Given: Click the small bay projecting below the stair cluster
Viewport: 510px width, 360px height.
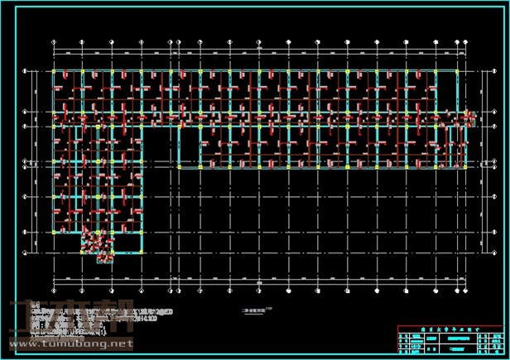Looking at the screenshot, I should click(x=105, y=258).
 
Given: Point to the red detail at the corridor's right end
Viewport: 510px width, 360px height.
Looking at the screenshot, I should click(x=470, y=118).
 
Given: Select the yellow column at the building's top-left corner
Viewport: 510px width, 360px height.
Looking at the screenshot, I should click(x=54, y=72).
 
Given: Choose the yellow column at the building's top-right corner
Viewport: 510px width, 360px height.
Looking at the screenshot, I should click(x=460, y=72).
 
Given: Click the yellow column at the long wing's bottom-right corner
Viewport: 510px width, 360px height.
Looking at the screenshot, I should click(x=460, y=167).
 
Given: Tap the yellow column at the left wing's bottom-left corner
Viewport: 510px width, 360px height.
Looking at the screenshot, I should click(x=54, y=233).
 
